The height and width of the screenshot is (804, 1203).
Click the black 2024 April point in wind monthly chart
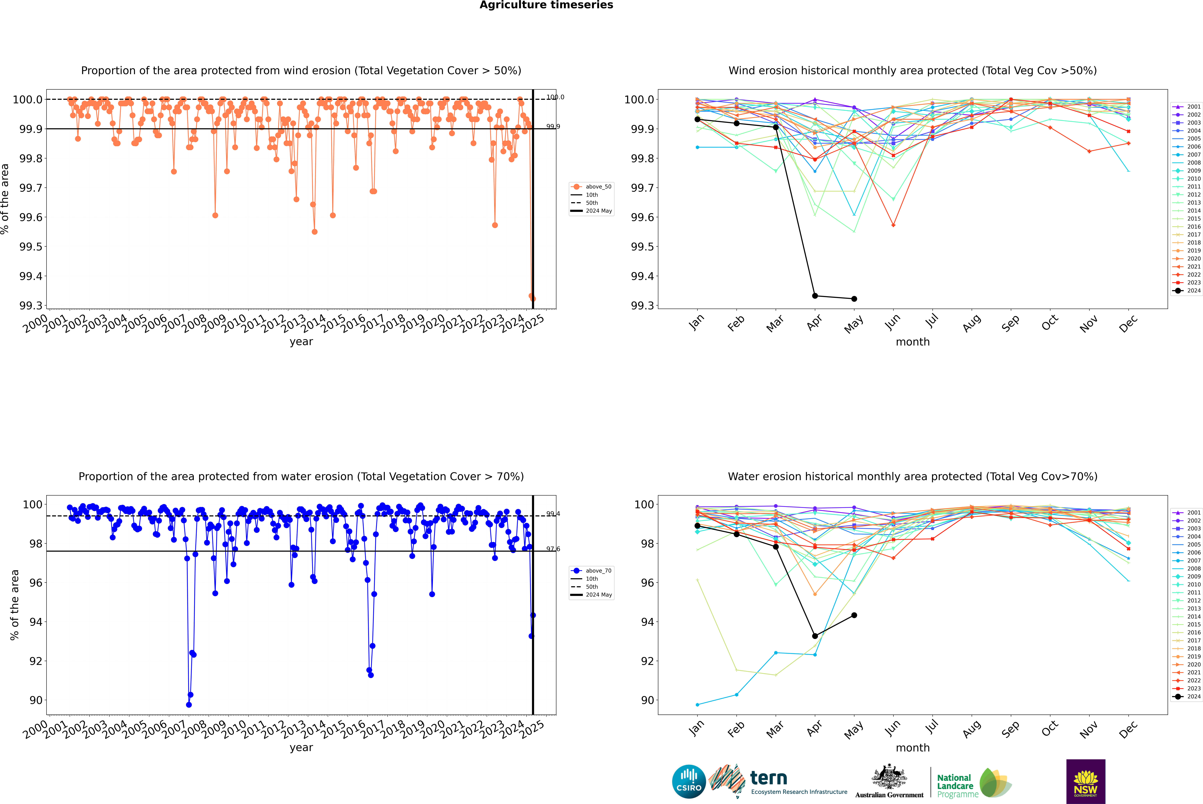pos(815,296)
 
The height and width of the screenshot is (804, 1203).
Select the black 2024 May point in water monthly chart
pos(854,615)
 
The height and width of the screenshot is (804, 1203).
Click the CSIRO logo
pos(689,781)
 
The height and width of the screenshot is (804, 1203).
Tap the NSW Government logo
pos(1086,781)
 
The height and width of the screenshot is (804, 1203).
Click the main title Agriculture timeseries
pos(546,5)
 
